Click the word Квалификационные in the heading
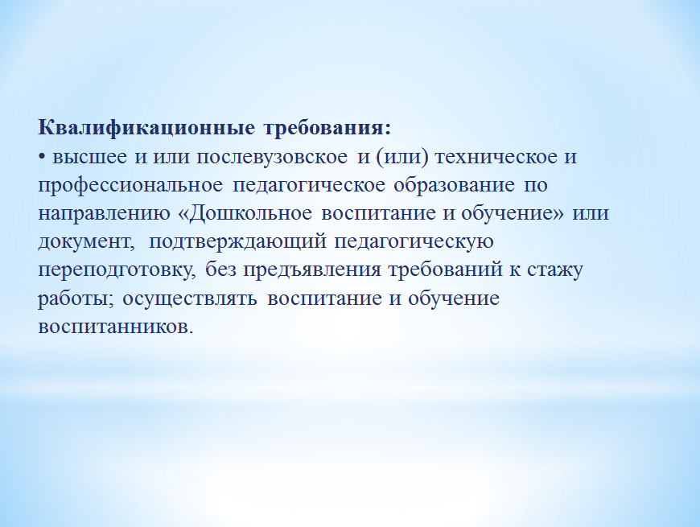pyautogui.click(x=146, y=128)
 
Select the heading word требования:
pyautogui.click(x=327, y=128)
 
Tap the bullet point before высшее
pyautogui.click(x=42, y=157)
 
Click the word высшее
pyautogui.click(x=90, y=157)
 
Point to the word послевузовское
pyautogui.click(x=272, y=157)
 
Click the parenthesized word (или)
pyautogui.click(x=402, y=157)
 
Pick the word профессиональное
pyautogui.click(x=130, y=185)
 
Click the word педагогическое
pyautogui.click(x=309, y=185)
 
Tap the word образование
pyautogui.click(x=455, y=185)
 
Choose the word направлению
pyautogui.click(x=105, y=213)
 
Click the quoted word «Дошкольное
pyautogui.click(x=245, y=213)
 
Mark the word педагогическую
pyautogui.click(x=414, y=242)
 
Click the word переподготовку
pyautogui.click(x=117, y=270)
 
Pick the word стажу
pyautogui.click(x=555, y=270)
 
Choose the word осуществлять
pyautogui.click(x=190, y=298)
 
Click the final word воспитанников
pyautogui.click(x=116, y=327)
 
